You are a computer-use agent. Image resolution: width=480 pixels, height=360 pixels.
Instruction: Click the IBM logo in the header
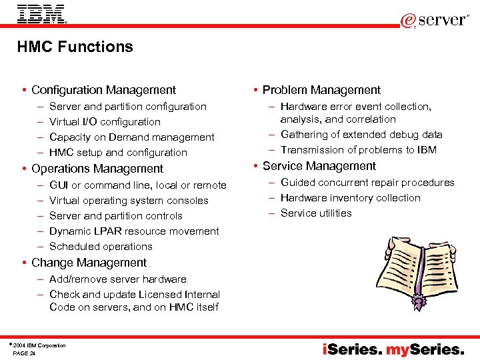41,14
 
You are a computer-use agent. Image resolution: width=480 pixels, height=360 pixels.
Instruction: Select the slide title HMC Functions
75,47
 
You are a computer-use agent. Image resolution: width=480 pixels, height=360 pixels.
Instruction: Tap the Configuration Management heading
103,90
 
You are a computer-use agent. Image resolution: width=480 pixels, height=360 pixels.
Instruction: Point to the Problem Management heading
321,90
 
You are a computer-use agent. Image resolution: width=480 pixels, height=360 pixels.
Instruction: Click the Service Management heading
319,166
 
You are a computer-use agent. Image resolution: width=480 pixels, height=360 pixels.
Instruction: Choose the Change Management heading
89,263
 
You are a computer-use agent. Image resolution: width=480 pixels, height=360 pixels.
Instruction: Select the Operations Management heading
97,169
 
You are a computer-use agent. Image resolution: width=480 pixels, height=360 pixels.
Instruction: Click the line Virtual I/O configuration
105,122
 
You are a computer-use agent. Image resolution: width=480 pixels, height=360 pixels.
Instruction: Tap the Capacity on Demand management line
131,137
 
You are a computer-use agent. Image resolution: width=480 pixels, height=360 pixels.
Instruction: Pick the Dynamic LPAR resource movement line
134,231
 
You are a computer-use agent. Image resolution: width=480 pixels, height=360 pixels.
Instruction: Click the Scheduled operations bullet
101,247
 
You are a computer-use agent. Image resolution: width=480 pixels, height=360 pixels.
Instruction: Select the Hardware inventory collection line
350,198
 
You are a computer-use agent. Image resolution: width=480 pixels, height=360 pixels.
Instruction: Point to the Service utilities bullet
315,213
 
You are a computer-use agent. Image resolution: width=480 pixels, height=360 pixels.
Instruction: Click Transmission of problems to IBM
358,150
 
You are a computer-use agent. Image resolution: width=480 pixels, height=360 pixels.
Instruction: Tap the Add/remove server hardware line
117,279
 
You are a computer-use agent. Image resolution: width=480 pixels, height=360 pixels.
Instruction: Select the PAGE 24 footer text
25,353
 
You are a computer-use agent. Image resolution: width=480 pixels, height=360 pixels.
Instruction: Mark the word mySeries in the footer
426,349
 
